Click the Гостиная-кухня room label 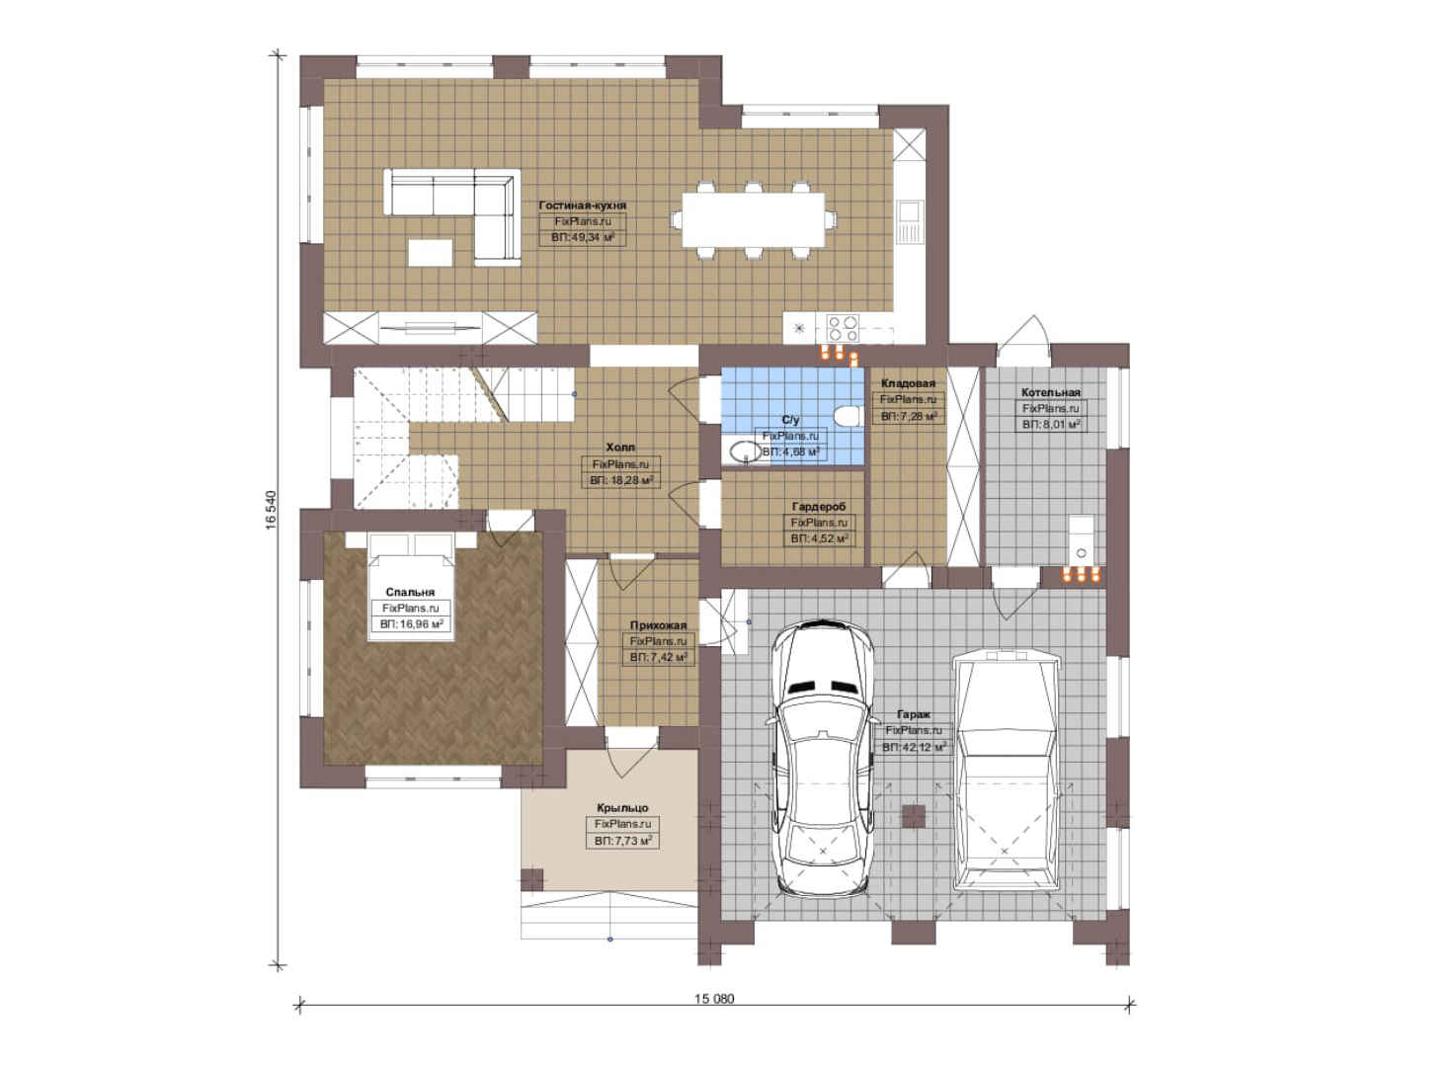583,205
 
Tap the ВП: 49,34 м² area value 583,238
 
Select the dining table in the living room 754,219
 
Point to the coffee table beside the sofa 431,252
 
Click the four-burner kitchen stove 843,328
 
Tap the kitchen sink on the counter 910,221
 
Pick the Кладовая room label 908,383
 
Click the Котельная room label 1051,393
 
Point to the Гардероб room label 819,507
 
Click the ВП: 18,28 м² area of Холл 621,481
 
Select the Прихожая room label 658,625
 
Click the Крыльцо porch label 622,808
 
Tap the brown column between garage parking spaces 914,817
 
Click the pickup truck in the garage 1004,770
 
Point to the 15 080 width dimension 714,999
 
